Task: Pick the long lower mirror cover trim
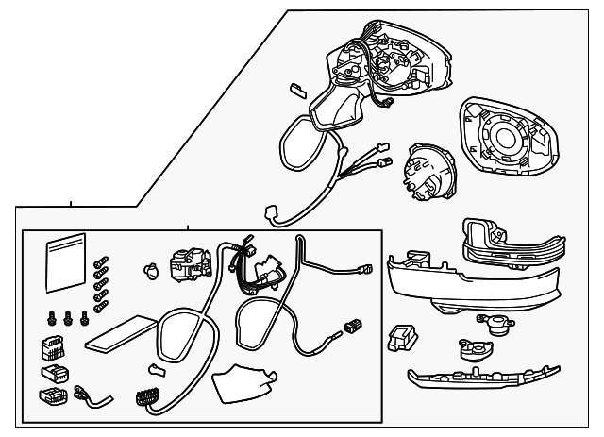point(472,284)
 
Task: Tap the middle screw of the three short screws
point(67,320)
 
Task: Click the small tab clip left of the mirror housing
point(295,88)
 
